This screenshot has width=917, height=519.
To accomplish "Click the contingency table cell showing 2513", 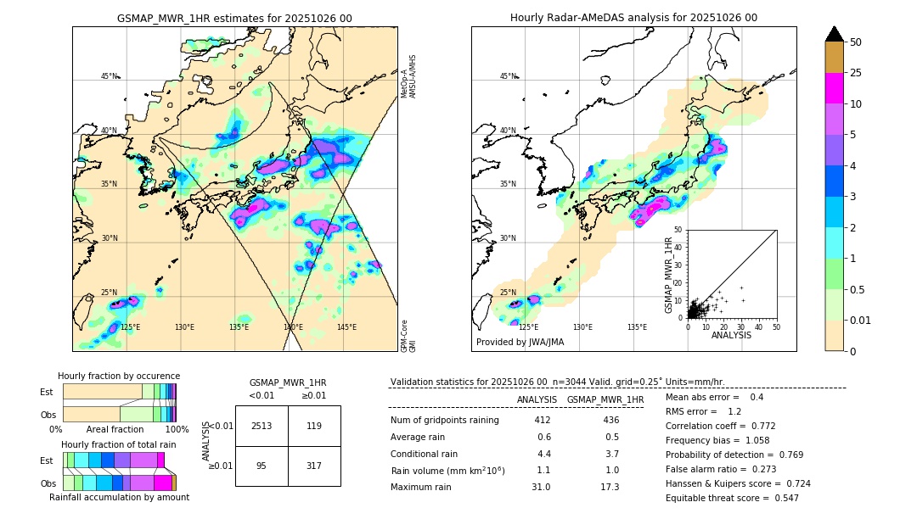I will click(x=262, y=426).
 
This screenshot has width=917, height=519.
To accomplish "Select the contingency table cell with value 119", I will click(x=314, y=426).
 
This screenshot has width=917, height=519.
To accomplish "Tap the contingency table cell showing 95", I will click(x=262, y=465).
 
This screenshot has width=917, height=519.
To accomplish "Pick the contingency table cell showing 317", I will click(x=314, y=465).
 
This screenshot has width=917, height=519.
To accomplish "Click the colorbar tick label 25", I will click(x=856, y=73).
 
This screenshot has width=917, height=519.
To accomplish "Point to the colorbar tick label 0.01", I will click(x=861, y=320).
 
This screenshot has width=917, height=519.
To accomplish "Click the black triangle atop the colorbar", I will click(x=835, y=34).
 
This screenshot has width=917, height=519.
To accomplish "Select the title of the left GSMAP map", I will click(x=234, y=18).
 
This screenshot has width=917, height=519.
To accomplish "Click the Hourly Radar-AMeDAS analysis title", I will click(x=633, y=18).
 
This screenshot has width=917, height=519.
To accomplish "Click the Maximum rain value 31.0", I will click(x=541, y=487).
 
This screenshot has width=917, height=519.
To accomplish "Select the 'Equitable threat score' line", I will click(x=732, y=498).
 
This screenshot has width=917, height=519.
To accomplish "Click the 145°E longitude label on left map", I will click(x=346, y=327).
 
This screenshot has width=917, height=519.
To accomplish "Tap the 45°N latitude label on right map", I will click(x=508, y=76).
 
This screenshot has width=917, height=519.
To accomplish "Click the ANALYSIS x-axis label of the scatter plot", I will click(x=731, y=335).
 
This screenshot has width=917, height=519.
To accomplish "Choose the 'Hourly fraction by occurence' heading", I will click(x=119, y=376).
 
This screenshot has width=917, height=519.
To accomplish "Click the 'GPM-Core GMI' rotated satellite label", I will click(x=407, y=336).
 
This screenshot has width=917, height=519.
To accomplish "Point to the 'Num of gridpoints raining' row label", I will click(x=444, y=421).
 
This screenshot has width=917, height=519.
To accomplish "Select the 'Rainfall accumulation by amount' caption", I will click(x=119, y=497).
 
